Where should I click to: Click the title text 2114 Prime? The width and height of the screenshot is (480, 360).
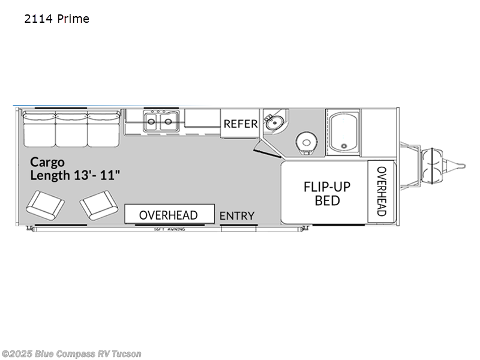57,19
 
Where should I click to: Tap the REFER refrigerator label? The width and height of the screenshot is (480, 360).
241,124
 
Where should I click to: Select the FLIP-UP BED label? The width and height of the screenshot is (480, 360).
327,193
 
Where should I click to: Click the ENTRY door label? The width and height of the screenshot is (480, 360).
237,215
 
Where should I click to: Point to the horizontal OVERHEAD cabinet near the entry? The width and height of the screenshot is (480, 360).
169,214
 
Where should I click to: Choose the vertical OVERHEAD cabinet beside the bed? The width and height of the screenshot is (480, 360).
381,191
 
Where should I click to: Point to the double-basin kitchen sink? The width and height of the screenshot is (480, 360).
160,122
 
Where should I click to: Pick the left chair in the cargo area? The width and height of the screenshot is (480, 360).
46,205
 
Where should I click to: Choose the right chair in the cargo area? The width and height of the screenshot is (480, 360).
99,205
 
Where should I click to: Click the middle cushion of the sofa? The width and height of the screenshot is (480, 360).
71,128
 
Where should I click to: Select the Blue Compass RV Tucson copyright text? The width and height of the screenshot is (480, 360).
71,353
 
